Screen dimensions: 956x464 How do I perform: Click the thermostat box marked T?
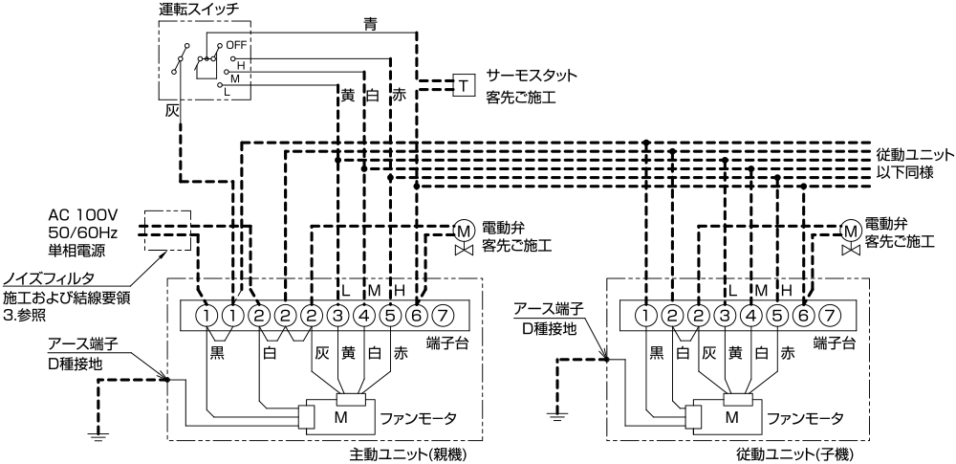point(464,85)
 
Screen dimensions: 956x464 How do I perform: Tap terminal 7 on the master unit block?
point(442,315)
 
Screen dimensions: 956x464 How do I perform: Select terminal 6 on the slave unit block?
point(804,315)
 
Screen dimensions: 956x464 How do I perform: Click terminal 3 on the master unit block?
point(337,315)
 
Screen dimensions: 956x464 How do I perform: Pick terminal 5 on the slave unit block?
point(776,315)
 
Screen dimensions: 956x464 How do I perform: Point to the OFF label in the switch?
point(235,45)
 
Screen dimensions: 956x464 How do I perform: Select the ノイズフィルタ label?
point(49,279)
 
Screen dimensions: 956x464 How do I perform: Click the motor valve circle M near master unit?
point(464,231)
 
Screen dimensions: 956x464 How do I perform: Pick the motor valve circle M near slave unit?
point(849,230)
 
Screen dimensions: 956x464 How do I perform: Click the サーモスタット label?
point(532,77)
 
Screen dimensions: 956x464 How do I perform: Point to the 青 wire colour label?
point(370,24)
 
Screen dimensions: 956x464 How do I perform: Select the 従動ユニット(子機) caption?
point(795,454)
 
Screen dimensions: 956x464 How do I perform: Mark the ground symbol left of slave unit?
point(555,417)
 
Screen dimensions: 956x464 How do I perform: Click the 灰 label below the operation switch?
point(172,111)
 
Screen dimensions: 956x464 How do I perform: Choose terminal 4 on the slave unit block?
point(750,315)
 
